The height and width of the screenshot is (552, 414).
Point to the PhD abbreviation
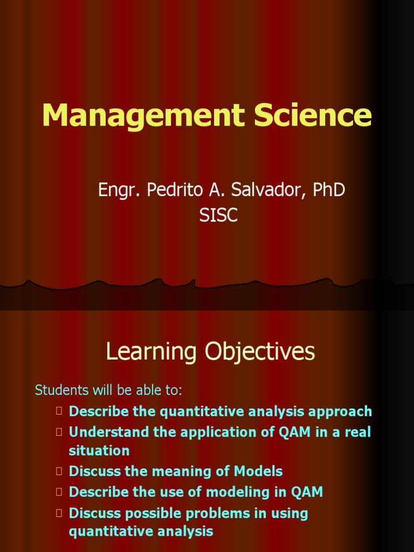pyautogui.click(x=328, y=190)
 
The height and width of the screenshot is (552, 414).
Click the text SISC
pyautogui.click(x=218, y=216)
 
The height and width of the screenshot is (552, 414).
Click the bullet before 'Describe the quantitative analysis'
pyautogui.click(x=59, y=411)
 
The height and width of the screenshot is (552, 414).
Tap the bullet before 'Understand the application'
pyautogui.click(x=59, y=432)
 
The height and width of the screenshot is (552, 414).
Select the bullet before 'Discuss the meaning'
pyautogui.click(x=59, y=471)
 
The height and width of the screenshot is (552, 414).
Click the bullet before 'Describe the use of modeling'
pyautogui.click(x=59, y=492)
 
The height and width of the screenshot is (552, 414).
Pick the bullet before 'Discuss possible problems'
pyautogui.click(x=59, y=513)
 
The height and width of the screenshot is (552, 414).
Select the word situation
pyautogui.click(x=99, y=451)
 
